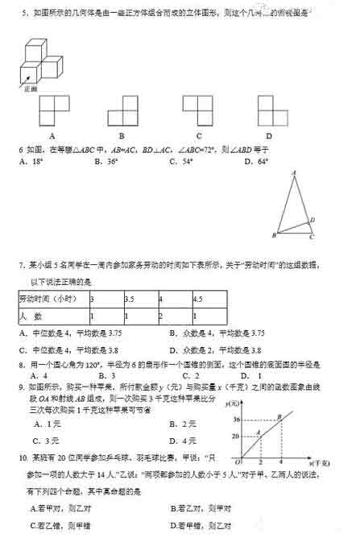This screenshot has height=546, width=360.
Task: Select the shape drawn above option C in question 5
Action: coord(198,110)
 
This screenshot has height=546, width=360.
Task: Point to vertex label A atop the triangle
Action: coord(294,172)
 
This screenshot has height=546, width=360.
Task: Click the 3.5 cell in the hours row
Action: coord(129,299)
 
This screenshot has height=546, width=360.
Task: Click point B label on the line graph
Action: coord(279,415)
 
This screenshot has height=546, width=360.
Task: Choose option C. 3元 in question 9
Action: coord(47,441)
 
